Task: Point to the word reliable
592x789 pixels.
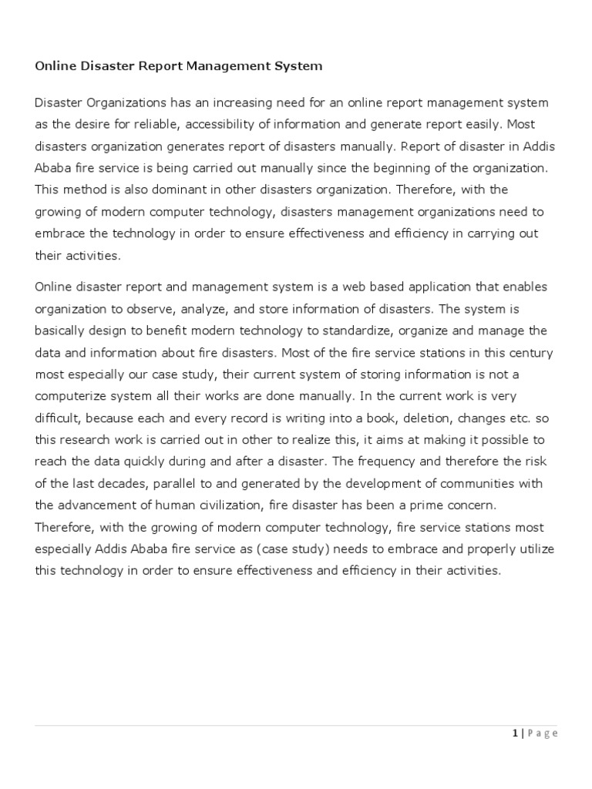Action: [x=154, y=124]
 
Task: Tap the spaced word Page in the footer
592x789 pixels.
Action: [x=542, y=734]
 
